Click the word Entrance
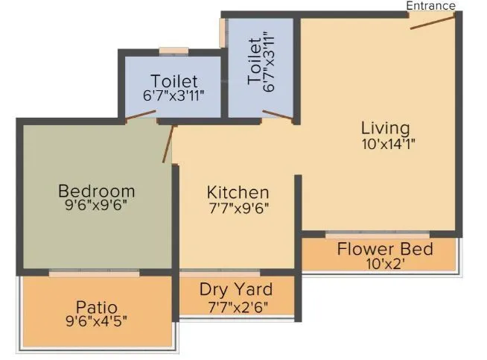click(x=430, y=6)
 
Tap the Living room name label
click(x=385, y=127)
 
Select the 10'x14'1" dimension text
click(x=384, y=145)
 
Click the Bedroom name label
click(x=97, y=191)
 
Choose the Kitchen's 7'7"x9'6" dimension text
click(x=238, y=209)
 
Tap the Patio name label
click(x=97, y=306)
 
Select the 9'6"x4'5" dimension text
click(x=97, y=323)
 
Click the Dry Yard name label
click(x=236, y=289)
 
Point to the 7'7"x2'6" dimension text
click(x=236, y=306)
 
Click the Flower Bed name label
click(x=384, y=248)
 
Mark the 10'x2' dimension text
click(x=384, y=264)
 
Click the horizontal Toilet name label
click(x=174, y=80)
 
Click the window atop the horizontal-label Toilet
click(x=174, y=51)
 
